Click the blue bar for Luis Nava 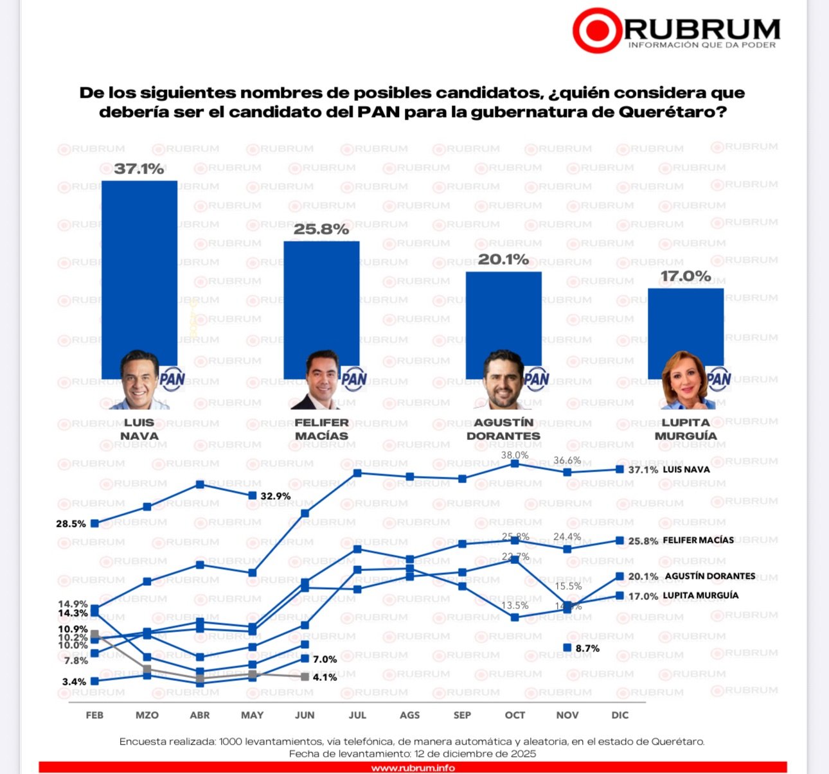tap(139, 270)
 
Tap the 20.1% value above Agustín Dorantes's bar tap(503, 259)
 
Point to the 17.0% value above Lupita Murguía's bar tap(686, 276)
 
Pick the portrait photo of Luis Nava tap(139, 380)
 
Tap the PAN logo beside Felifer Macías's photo tap(354, 379)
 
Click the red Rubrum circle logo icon tap(597, 30)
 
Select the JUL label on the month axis tap(357, 715)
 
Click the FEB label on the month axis tap(94, 715)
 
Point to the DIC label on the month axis tap(620, 715)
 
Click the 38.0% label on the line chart tap(515, 455)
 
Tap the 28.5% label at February tap(71, 523)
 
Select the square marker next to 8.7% tap(567, 647)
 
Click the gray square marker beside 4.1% tap(305, 677)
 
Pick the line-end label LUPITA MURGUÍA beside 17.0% tap(700, 595)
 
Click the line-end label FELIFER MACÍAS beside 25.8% tap(698, 540)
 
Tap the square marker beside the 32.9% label tap(253, 495)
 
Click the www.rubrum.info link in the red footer tap(413, 768)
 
